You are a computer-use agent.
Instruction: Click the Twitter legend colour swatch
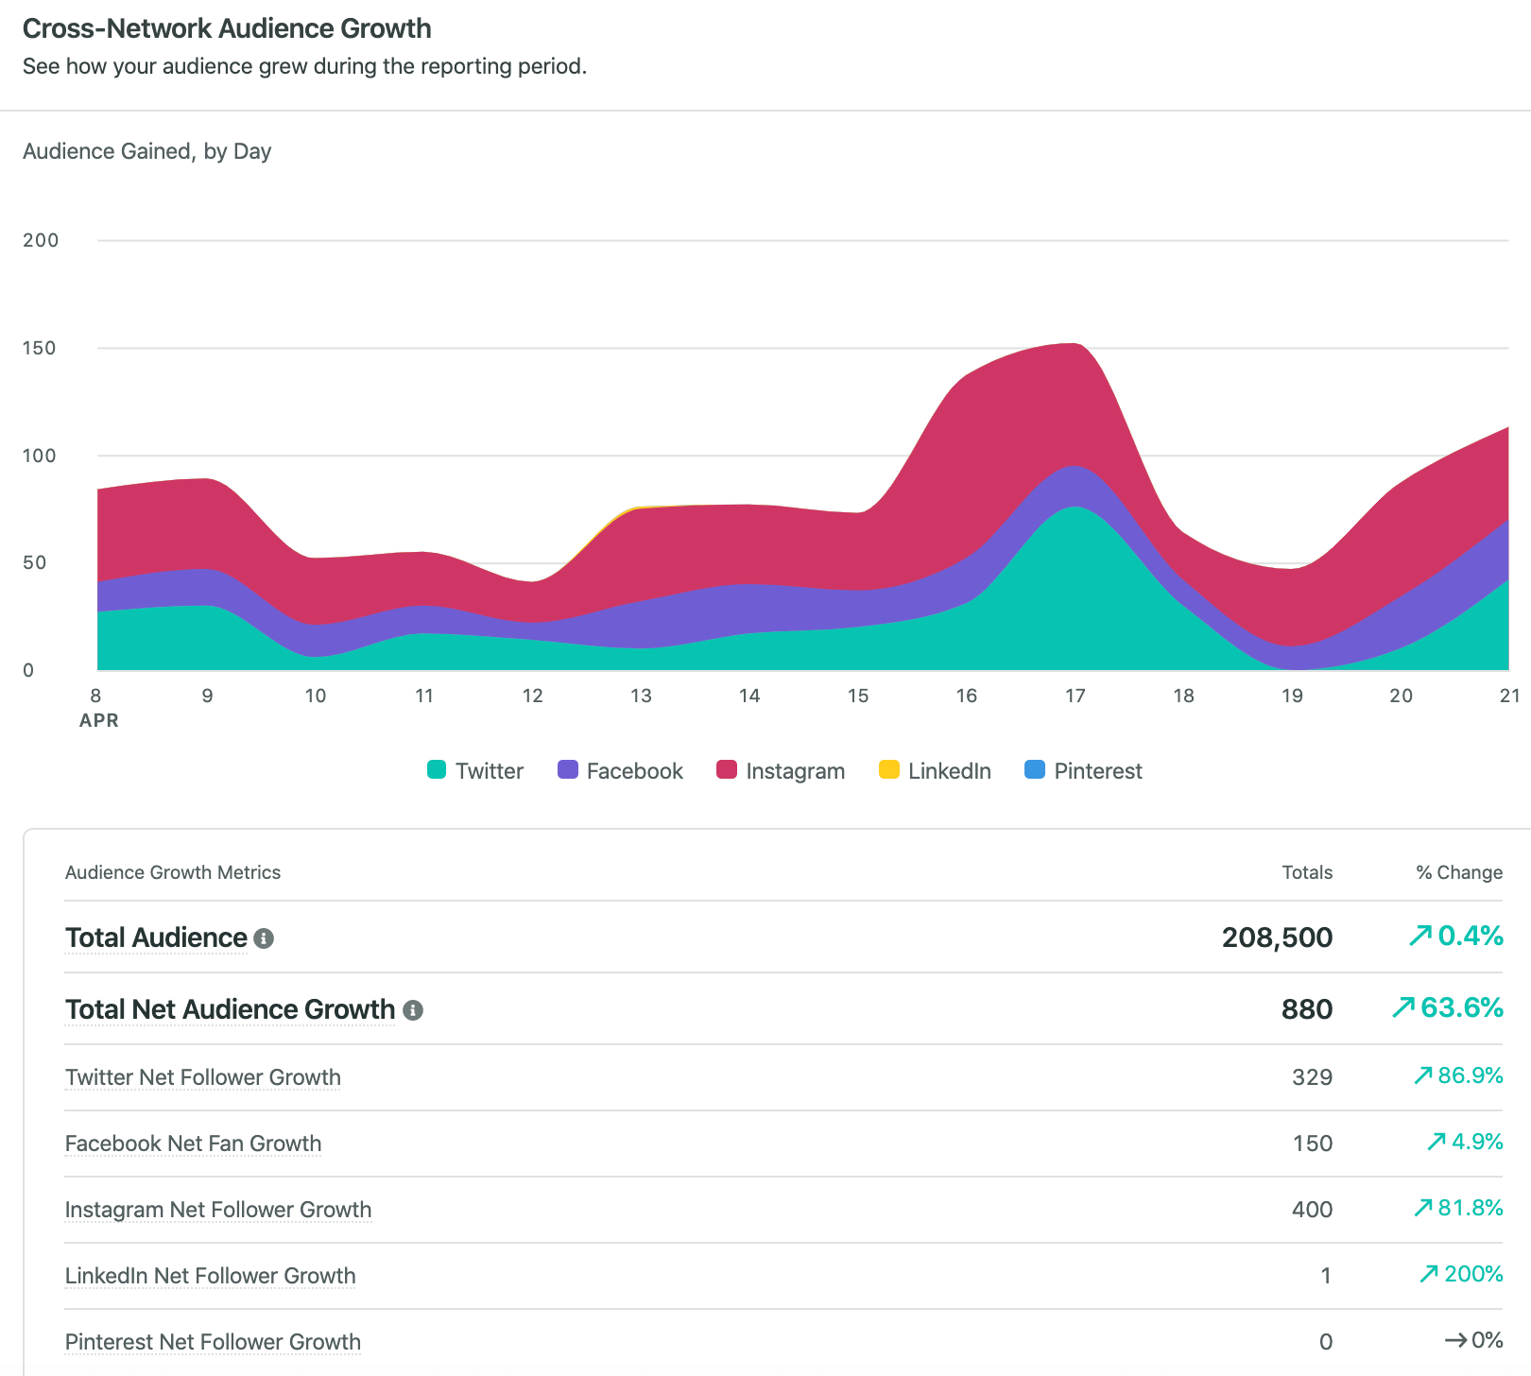[x=436, y=769]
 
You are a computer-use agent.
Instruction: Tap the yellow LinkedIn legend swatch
[x=888, y=769]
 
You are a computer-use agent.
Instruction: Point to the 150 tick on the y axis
[x=40, y=348]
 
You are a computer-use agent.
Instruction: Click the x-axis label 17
[x=1075, y=696]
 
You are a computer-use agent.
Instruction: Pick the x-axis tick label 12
[x=532, y=696]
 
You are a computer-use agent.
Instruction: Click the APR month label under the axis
[x=99, y=720]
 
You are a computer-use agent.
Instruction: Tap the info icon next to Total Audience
[x=265, y=938]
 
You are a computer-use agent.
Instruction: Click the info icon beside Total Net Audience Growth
[x=413, y=1010]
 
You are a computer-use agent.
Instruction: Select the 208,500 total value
[x=1277, y=937]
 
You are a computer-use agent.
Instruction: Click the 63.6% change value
[x=1461, y=1007]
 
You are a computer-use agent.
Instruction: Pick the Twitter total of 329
[x=1312, y=1077]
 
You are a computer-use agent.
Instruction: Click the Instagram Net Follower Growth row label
[x=218, y=1210]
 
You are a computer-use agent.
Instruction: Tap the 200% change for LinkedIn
[x=1472, y=1274]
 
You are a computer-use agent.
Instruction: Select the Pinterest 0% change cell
[x=1486, y=1340]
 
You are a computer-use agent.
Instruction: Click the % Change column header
[x=1458, y=872]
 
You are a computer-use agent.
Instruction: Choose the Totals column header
[x=1307, y=872]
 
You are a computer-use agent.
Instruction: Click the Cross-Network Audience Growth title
[x=227, y=28]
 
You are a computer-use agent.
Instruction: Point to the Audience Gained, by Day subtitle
[x=146, y=151]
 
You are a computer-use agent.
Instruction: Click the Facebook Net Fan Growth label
[x=193, y=1144]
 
